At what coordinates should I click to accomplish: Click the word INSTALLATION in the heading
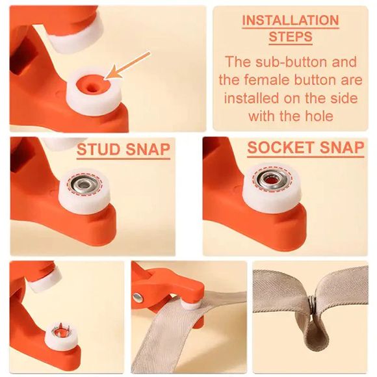point(291,20)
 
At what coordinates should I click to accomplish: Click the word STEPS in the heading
point(291,37)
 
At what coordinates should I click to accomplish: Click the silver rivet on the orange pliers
point(137,298)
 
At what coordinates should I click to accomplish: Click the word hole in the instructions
point(318,116)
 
